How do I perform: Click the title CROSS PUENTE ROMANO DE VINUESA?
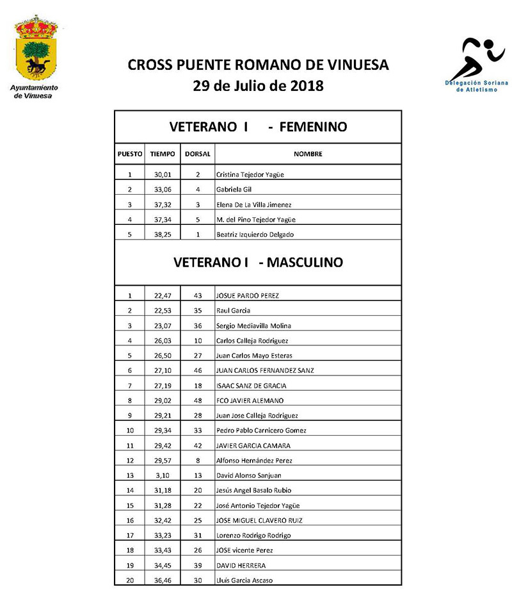tap(258, 65)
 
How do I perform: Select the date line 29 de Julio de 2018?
tap(258, 85)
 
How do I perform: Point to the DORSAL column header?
tap(197, 154)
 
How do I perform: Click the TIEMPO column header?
tap(163, 154)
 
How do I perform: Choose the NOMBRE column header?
tap(308, 154)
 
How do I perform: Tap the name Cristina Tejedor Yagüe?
tap(250, 175)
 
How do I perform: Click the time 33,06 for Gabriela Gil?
tap(163, 190)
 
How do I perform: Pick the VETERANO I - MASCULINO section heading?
tap(258, 262)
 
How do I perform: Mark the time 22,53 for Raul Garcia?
tap(163, 311)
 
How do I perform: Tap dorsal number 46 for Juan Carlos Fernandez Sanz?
tap(198, 370)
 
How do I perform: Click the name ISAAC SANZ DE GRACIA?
tap(252, 386)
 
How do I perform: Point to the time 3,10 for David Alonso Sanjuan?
tap(163, 475)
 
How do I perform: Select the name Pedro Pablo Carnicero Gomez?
tap(262, 431)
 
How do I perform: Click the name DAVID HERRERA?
tap(241, 566)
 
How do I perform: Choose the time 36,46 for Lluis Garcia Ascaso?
tap(163, 580)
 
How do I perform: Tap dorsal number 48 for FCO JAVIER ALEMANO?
tap(198, 400)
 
